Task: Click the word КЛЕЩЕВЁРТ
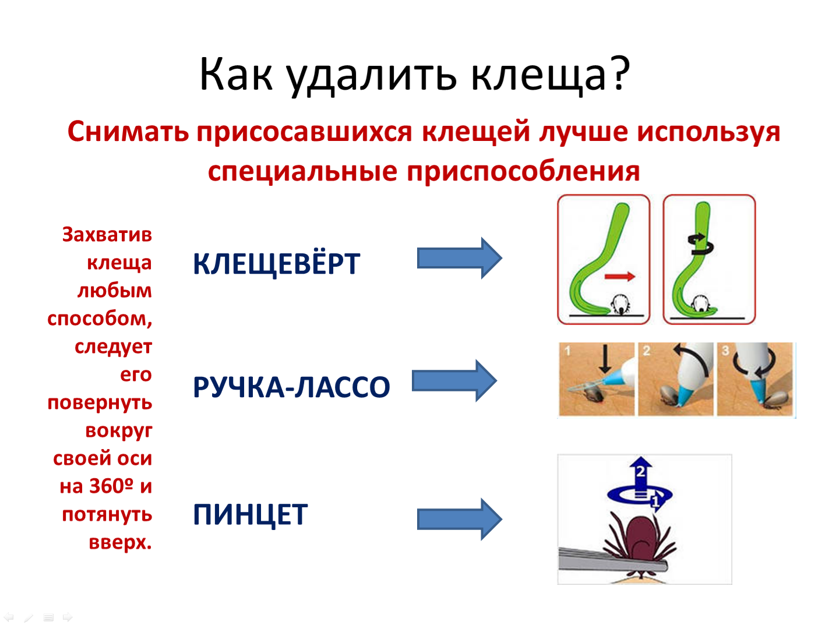277,263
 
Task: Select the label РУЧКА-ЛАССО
291,387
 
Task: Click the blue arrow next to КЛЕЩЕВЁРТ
459,258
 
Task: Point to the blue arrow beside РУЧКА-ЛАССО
454,381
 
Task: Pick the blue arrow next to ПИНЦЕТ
459,519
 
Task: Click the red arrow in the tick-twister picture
620,277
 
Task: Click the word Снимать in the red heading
128,132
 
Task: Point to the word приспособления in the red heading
523,172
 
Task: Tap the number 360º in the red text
111,486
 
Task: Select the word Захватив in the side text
107,235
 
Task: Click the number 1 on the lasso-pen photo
568,350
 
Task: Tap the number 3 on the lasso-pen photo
725,350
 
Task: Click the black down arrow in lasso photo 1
605,359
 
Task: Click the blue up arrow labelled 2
641,475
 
